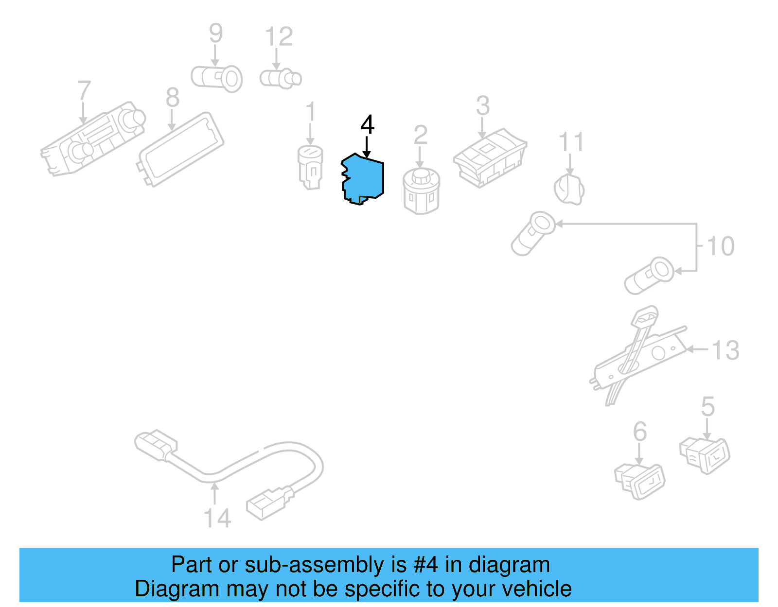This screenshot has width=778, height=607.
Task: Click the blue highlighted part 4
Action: tap(364, 179)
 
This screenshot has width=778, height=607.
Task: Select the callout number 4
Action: tap(368, 125)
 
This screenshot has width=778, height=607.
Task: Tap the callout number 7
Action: tap(84, 91)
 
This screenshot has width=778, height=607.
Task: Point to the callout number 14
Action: tap(217, 518)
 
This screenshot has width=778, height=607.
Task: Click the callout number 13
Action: tap(725, 350)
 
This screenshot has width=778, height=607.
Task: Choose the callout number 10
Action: tap(720, 246)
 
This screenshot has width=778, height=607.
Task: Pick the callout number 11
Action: tap(571, 142)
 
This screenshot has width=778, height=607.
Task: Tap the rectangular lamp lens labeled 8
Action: tap(181, 149)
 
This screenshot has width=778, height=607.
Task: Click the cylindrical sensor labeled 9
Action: tap(217, 78)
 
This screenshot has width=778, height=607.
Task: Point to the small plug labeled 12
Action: tap(281, 79)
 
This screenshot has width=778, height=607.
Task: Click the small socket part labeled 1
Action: tap(310, 167)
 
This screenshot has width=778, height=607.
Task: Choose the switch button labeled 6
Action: tap(640, 481)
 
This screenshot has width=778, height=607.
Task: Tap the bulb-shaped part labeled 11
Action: tap(569, 190)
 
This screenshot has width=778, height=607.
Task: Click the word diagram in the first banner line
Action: tap(509, 565)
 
